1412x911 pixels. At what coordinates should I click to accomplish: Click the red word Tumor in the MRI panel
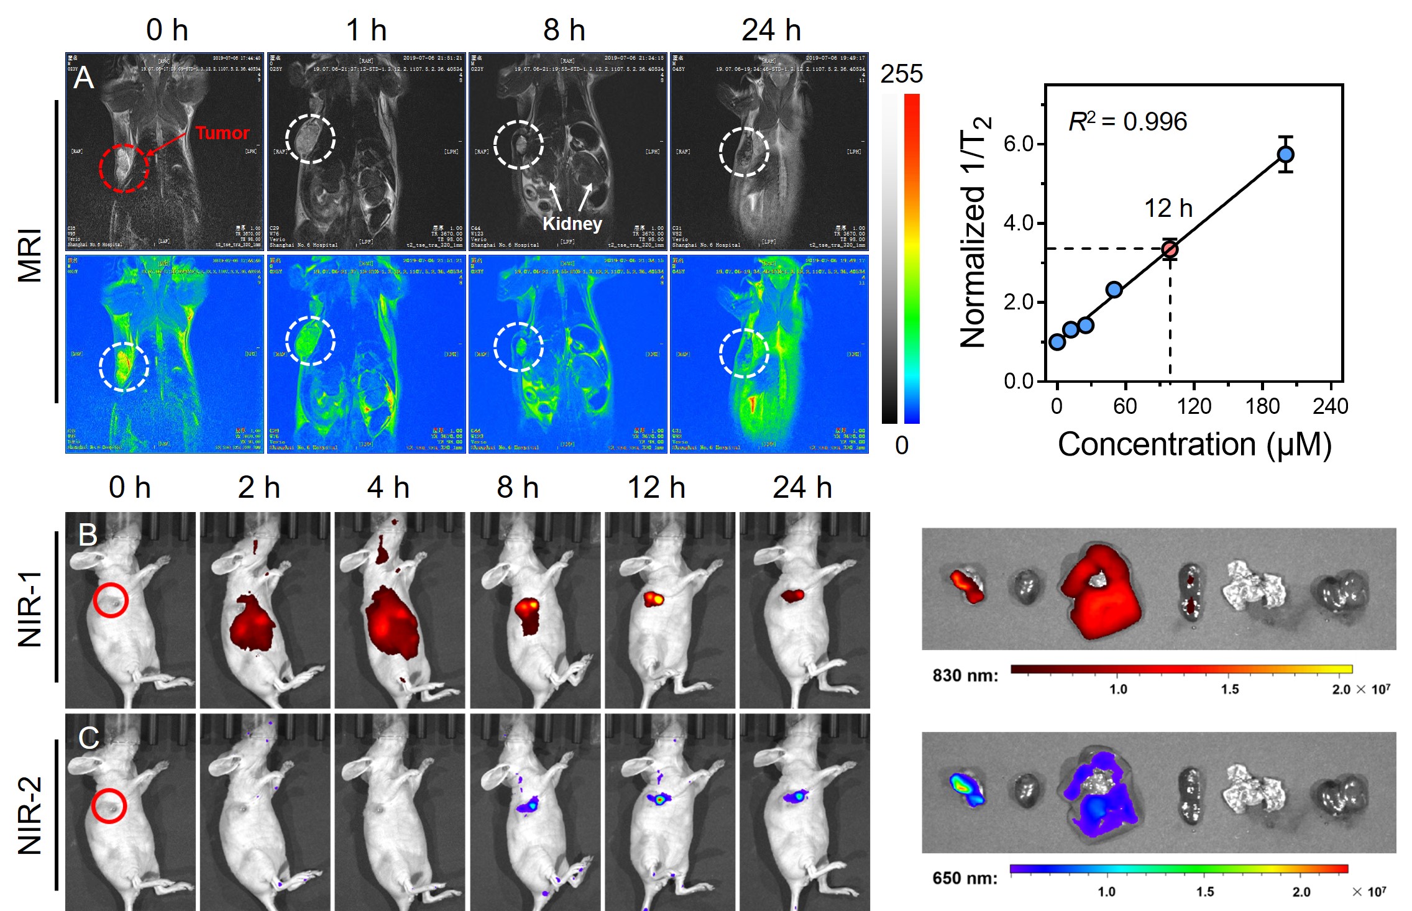point(222,133)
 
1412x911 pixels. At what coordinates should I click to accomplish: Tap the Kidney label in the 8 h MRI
point(572,224)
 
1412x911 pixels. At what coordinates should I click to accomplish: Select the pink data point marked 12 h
point(1170,249)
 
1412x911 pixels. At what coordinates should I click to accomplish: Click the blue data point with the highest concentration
point(1285,154)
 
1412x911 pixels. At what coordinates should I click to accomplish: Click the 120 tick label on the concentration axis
point(1194,406)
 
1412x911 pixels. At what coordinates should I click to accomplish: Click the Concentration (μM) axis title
point(1194,444)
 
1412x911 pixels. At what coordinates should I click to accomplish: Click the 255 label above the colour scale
point(901,75)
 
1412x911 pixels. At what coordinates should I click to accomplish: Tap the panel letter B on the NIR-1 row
point(88,534)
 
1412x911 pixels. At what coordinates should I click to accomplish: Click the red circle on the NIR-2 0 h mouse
point(109,806)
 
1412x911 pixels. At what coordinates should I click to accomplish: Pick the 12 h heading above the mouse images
point(656,488)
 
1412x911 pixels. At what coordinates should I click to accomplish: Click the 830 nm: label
point(965,675)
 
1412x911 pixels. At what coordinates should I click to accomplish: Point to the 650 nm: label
point(965,878)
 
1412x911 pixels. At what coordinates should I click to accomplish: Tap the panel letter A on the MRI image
point(83,79)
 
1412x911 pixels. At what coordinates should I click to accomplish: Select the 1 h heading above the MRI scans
point(366,30)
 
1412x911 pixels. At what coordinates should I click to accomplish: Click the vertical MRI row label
point(30,255)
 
